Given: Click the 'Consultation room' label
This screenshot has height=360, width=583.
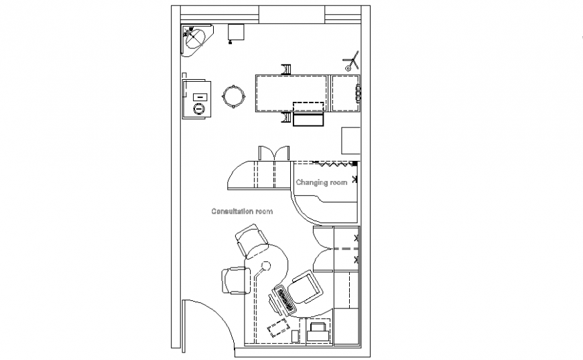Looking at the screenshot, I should pyautogui.click(x=242, y=211).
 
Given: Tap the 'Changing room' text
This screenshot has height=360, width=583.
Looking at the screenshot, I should pyautogui.click(x=322, y=182).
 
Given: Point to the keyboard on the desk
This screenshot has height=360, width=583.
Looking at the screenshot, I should pyautogui.click(x=283, y=300).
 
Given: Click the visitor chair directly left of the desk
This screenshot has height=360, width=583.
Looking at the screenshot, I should pyautogui.click(x=234, y=280).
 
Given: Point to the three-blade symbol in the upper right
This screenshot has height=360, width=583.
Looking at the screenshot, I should pyautogui.click(x=350, y=62).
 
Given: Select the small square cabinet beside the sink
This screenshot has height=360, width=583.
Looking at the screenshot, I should pyautogui.click(x=235, y=33).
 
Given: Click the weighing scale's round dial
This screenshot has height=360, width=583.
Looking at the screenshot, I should pyautogui.click(x=198, y=109).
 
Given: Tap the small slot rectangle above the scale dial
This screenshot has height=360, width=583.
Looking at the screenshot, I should pyautogui.click(x=198, y=98).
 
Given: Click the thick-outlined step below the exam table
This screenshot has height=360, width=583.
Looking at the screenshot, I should pyautogui.click(x=309, y=119).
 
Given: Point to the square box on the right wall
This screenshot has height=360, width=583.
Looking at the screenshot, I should pyautogui.click(x=352, y=140).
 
